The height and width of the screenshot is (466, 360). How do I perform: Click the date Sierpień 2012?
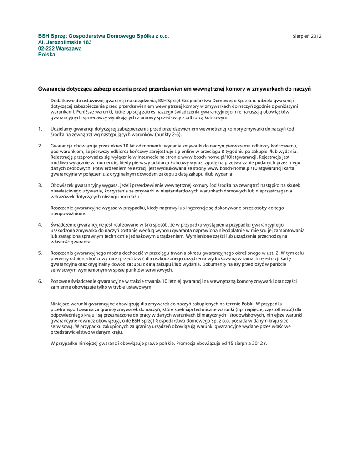pos(307,36)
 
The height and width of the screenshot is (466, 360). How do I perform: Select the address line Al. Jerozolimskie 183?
pos(65,42)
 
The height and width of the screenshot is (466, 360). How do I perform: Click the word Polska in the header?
pos(46,54)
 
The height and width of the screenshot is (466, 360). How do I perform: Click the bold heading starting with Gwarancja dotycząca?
pos(174,88)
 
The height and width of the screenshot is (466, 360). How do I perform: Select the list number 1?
pos(40,129)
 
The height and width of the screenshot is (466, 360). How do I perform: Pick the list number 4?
pos(40,224)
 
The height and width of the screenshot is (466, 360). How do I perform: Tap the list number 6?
pos(40,281)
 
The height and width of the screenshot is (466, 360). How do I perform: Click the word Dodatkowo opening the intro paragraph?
pos(62,100)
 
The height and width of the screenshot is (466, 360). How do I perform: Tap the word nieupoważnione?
pos(68,213)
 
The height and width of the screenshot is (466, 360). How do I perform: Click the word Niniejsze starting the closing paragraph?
pos(62,303)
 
